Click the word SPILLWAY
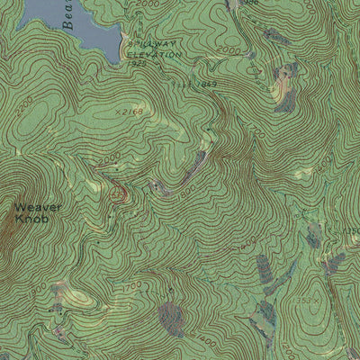(x=148, y=43)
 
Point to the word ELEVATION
(x=153, y=54)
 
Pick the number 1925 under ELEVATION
(x=137, y=64)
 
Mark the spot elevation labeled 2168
(x=130, y=112)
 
